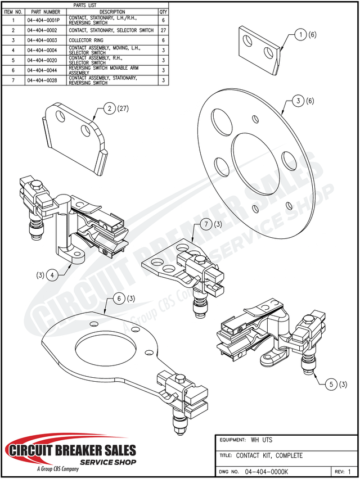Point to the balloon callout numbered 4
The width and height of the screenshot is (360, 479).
52,275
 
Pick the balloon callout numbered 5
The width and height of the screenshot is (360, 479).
331,385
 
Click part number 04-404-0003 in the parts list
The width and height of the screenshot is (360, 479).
43,40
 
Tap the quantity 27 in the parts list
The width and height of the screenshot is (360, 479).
163,30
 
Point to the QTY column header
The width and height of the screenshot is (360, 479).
163,11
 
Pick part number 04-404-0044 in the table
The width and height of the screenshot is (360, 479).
43,70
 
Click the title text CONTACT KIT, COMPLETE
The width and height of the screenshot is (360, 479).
269,455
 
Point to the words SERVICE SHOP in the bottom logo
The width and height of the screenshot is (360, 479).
108,462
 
